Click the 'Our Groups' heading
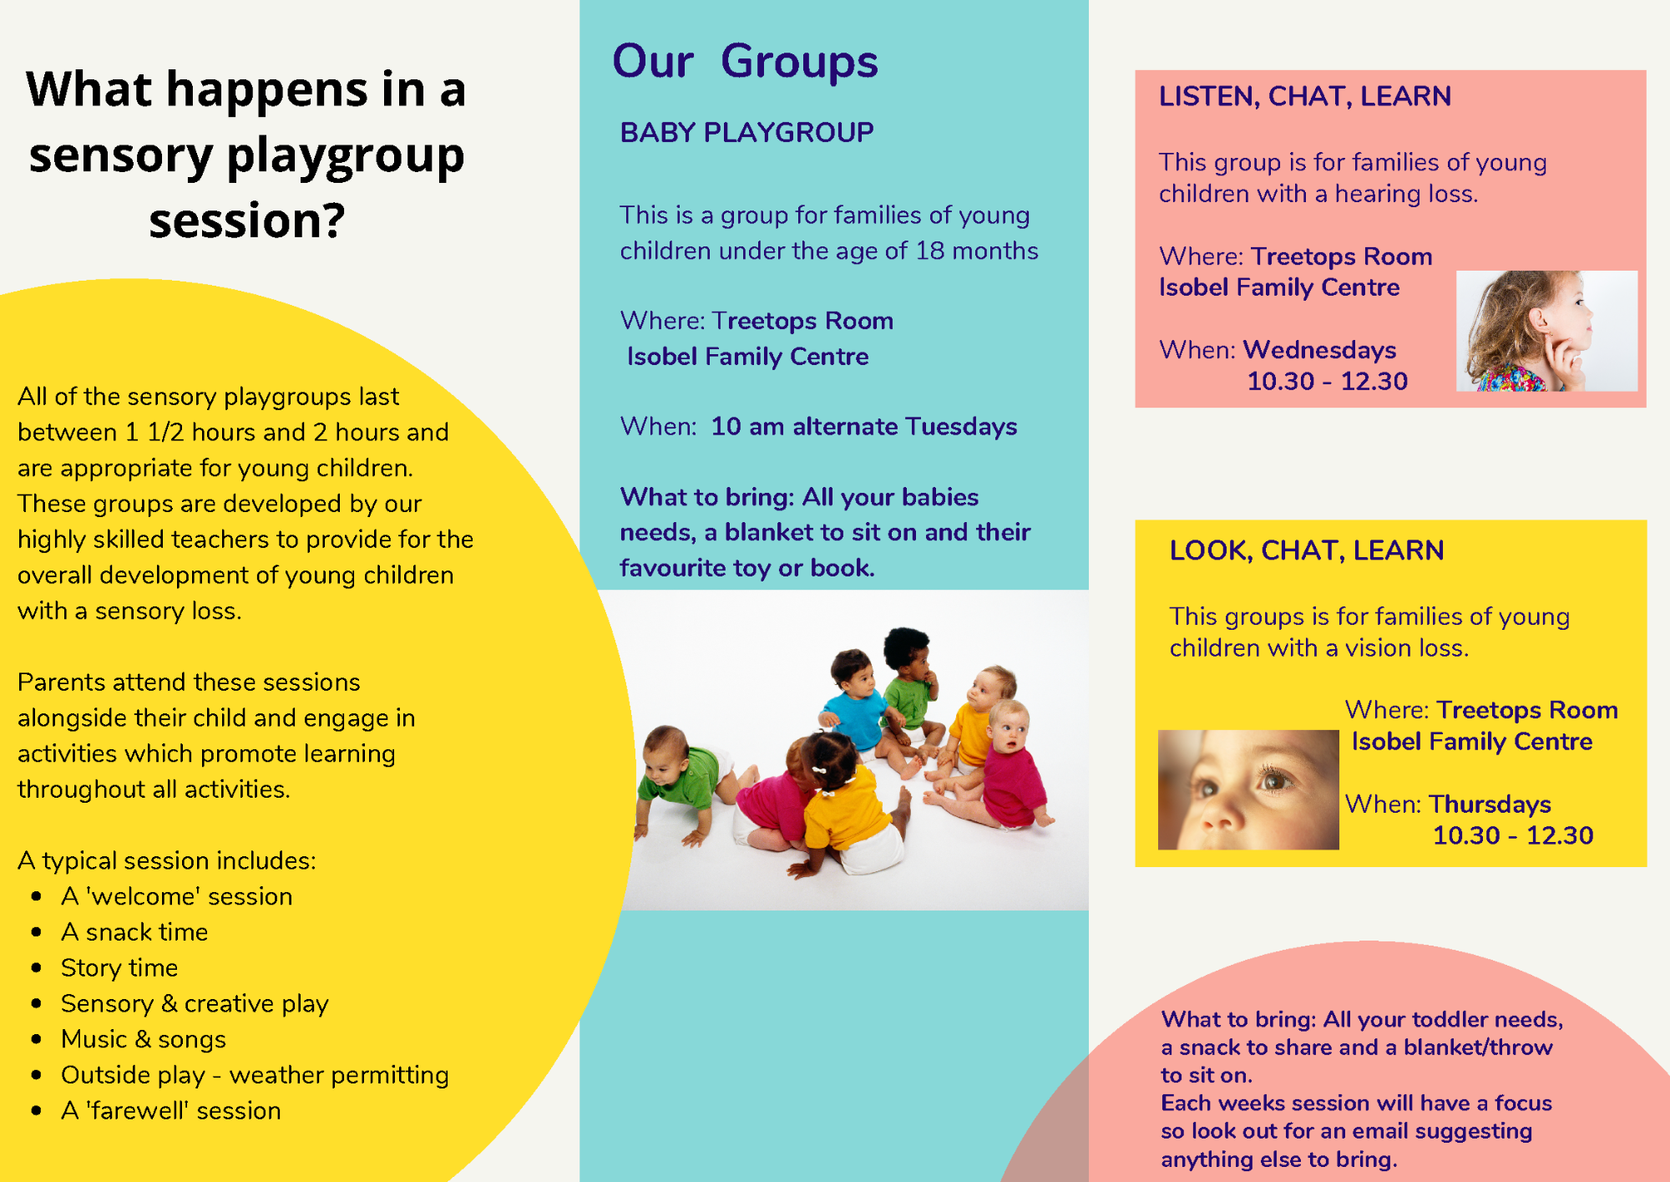(745, 61)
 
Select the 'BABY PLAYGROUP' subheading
(746, 132)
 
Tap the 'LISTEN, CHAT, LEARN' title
(1304, 97)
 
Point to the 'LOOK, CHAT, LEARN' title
(1307, 550)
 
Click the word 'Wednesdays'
(1319, 349)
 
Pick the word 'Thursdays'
(1490, 804)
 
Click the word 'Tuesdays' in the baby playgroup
(960, 427)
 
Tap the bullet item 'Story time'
(119, 967)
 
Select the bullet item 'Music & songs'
(144, 1039)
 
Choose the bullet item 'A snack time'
(134, 931)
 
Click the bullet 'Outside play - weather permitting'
(255, 1075)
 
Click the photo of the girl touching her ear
(1546, 331)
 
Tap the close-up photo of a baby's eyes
(1248, 789)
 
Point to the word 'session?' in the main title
(247, 221)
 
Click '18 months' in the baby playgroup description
(977, 251)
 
